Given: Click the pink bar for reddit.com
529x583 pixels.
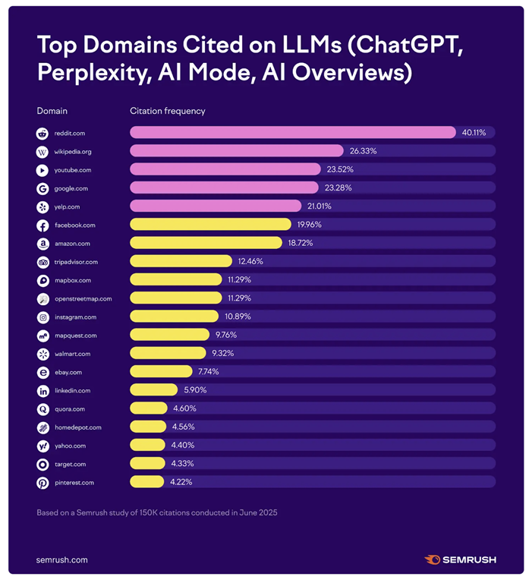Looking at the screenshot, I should click(x=292, y=133).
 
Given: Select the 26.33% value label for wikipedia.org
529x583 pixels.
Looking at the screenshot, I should click(x=363, y=151).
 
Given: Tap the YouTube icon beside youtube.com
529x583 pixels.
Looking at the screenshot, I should click(x=43, y=170).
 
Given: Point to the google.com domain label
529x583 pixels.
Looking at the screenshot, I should click(x=71, y=188).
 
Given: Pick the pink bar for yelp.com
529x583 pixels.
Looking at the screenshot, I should click(x=216, y=206).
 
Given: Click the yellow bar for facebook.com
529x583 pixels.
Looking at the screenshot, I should click(x=210, y=225).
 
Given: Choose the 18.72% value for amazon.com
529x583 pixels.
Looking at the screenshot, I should click(x=299, y=243).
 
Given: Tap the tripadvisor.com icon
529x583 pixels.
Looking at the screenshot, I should click(x=43, y=262).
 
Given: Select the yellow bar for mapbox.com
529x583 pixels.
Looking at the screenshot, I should click(x=176, y=280).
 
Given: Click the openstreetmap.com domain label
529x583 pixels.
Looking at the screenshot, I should click(x=83, y=298).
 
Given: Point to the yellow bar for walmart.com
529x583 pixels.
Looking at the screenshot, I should click(x=168, y=354).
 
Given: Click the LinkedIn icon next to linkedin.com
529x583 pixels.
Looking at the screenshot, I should click(x=43, y=390).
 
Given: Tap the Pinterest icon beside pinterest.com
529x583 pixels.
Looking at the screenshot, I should click(x=43, y=482).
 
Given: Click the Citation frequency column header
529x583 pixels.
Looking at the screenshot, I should click(x=167, y=111).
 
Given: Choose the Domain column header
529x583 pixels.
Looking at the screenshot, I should click(x=52, y=111).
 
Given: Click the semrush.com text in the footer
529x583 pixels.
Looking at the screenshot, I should click(x=62, y=559).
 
